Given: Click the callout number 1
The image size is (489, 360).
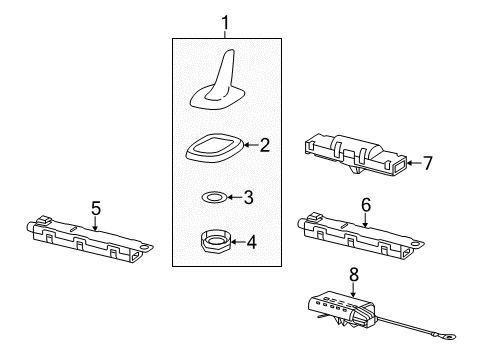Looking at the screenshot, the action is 226,23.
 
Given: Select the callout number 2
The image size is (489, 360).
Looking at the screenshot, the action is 265,145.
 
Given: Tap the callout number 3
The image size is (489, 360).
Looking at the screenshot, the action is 249,197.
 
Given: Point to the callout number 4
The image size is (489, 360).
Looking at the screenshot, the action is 252,242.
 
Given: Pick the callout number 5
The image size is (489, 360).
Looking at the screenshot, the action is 96,208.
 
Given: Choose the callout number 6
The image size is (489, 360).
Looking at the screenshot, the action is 366,205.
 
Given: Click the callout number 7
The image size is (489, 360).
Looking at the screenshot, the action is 428,163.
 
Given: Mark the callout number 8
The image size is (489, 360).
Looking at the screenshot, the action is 354,274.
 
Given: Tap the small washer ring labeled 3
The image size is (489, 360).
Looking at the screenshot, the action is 214,197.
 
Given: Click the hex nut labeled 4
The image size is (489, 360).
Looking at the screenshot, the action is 215,242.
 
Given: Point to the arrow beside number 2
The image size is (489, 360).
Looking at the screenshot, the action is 252,145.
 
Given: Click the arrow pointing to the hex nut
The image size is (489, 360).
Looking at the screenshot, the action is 238,242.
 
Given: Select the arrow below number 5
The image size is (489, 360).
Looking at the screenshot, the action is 96,223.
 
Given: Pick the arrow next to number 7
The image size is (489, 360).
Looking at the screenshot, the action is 414,163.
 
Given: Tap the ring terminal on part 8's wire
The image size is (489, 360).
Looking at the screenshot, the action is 449,339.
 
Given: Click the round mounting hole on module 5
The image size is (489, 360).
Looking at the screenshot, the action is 145,247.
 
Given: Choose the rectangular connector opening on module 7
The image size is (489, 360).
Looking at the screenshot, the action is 400,165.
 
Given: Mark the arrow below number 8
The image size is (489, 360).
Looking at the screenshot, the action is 353,289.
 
